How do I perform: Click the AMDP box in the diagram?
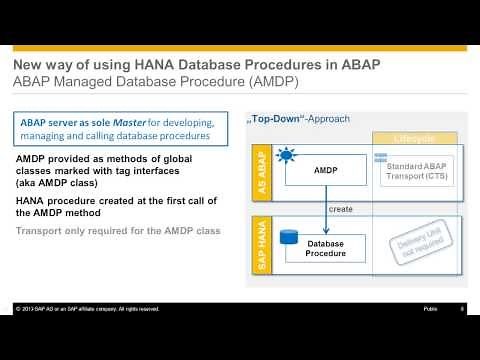click(325, 171)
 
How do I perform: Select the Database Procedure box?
click(325, 248)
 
